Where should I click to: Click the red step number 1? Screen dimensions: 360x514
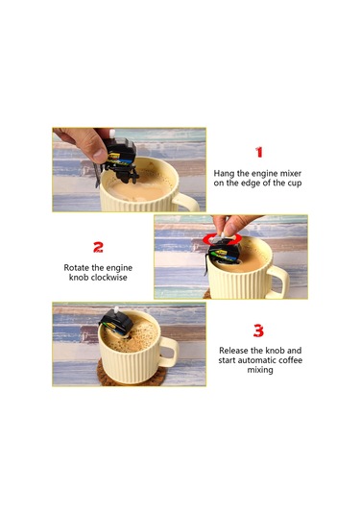(x=259, y=152)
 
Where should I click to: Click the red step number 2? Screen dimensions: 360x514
(x=98, y=247)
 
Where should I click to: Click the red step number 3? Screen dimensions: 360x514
(x=258, y=330)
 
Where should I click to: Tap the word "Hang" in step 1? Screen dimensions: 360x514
(x=224, y=173)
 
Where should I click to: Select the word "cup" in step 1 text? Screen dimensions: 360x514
(x=295, y=183)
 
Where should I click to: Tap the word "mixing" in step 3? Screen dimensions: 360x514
(x=260, y=370)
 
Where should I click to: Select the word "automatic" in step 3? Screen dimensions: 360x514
(x=255, y=360)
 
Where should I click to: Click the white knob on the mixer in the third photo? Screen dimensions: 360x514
(x=116, y=309)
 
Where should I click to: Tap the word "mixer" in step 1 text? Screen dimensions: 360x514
(x=291, y=173)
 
